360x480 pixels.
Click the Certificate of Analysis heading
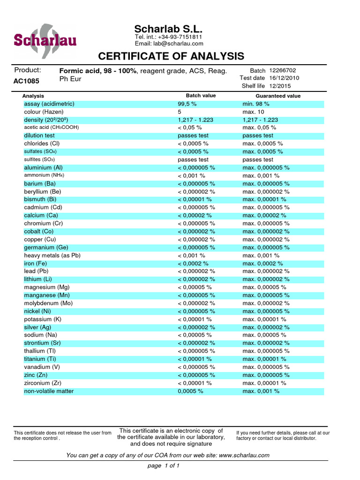point(171,57)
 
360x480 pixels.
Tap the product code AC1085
point(26,81)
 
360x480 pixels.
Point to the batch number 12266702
point(283,70)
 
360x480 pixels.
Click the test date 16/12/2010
point(284,78)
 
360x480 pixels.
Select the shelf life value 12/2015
point(280,86)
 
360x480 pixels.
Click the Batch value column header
point(201,96)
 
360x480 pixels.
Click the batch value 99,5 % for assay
point(187,104)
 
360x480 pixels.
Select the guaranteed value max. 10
point(254,112)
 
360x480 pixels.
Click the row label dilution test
point(39,135)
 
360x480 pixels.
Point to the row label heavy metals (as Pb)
point(52,255)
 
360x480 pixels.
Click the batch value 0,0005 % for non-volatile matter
point(190,391)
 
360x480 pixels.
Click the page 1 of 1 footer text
point(164,466)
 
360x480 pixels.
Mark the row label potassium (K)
point(43,319)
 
